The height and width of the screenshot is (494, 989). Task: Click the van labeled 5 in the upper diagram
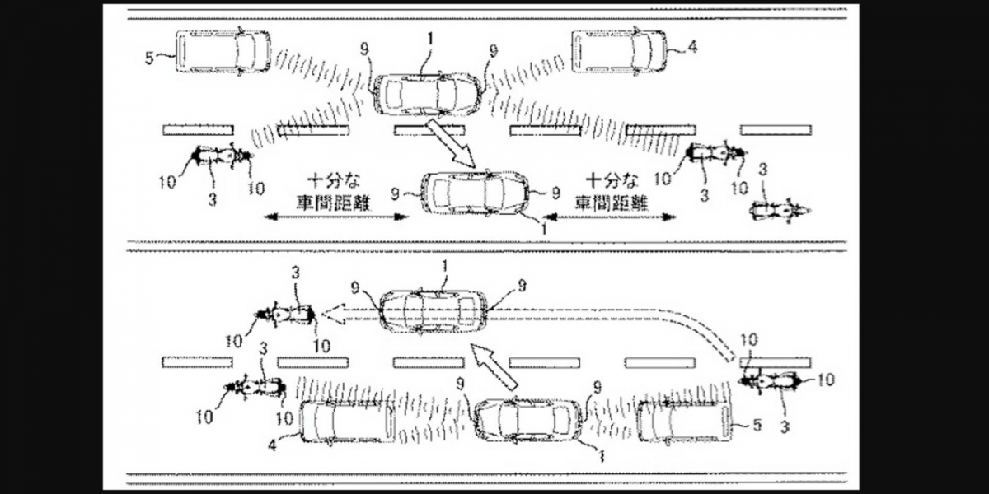point(223,51)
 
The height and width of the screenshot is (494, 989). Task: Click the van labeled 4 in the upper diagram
point(620,51)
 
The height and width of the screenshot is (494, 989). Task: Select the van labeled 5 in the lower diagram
point(683,422)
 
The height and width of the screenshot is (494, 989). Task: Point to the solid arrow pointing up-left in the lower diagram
point(494,367)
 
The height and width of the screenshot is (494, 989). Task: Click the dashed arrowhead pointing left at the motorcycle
point(335,314)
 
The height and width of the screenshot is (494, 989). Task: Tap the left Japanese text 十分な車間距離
point(333,193)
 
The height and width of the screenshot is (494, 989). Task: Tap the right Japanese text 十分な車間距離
point(611,193)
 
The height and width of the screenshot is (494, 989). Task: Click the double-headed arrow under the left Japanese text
point(336,217)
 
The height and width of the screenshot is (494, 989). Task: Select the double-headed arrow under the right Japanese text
point(610,217)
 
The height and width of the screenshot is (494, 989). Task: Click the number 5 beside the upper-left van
point(150,58)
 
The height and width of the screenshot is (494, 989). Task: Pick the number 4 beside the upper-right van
point(693,46)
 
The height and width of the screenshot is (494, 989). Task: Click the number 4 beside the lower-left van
point(273,445)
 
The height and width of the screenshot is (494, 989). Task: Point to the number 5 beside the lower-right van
point(757,425)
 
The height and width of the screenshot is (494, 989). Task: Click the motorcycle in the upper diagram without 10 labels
point(780,212)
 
